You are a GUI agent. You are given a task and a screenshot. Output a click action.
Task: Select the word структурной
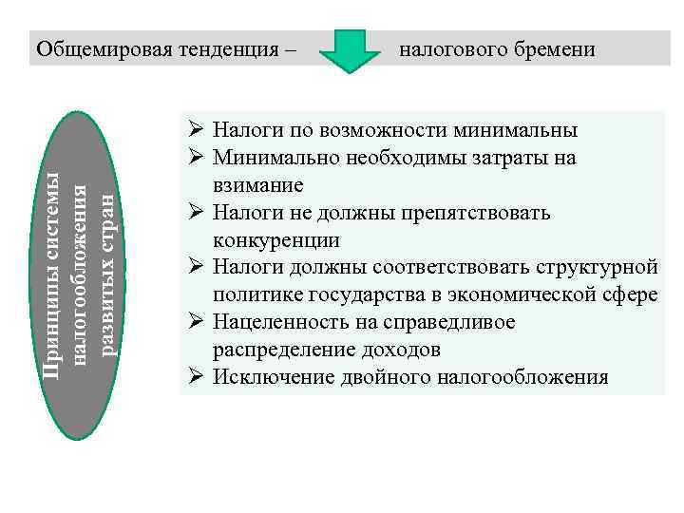click(x=595, y=267)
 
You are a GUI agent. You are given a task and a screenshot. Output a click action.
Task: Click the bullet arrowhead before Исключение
click(x=193, y=377)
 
